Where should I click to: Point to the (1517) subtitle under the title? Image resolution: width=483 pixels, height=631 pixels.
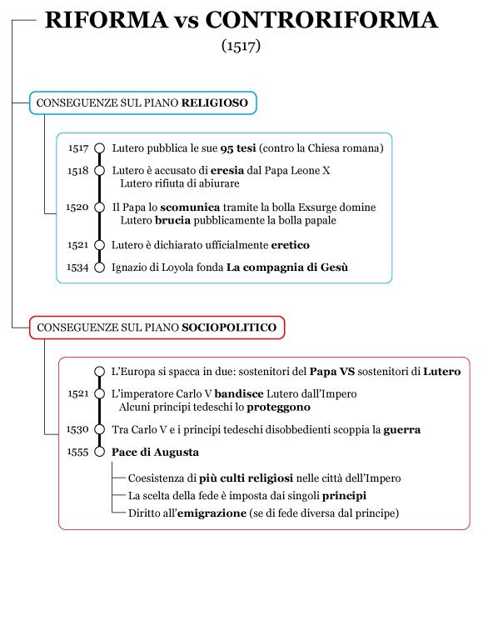point(242,45)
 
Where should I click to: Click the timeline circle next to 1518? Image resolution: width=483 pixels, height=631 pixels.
point(100,171)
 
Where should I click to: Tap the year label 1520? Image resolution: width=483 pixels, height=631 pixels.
point(77,208)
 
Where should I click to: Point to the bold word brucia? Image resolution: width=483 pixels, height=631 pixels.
point(172,221)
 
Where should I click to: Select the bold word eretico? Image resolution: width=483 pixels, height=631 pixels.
point(291,245)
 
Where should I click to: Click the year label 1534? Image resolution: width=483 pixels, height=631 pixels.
point(78,268)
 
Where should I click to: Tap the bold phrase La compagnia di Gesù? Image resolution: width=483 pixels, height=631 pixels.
point(287,268)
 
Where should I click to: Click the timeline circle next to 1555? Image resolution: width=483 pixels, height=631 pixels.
point(100,452)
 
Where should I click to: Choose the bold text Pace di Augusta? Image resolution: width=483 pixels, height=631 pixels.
point(156,452)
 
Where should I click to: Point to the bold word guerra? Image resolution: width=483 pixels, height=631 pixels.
point(401,430)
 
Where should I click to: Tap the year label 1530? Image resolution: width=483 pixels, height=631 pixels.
point(77,430)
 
